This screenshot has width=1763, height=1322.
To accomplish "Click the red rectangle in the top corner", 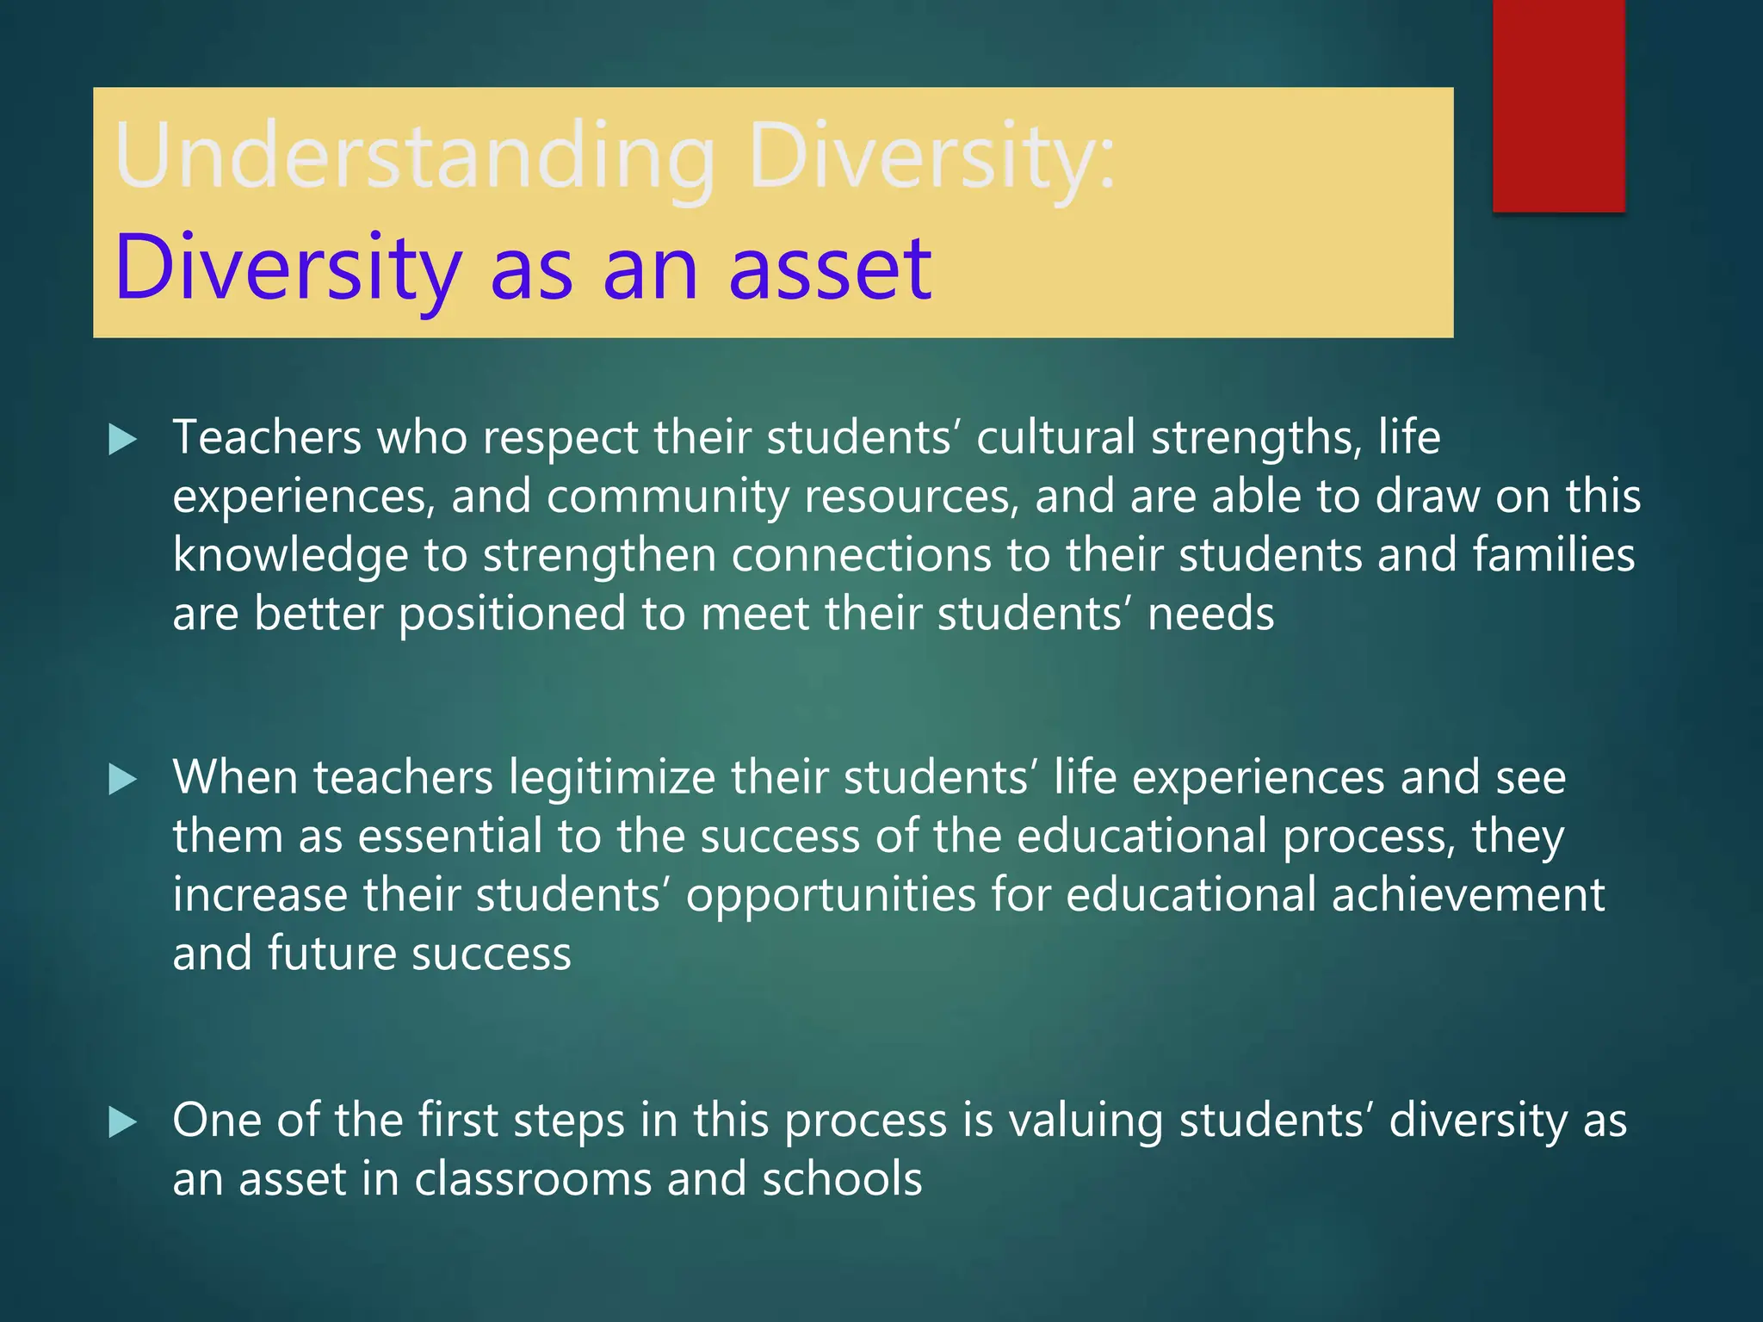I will (x=1558, y=105).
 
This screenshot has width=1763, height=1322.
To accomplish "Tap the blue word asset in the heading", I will (x=830, y=268).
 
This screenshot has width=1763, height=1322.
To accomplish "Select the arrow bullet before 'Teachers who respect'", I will (x=123, y=440).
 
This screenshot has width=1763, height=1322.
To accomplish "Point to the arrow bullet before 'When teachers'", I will (x=123, y=780).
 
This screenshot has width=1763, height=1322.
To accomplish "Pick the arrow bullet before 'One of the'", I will (x=123, y=1122).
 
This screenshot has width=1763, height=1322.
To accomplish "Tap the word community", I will (x=667, y=497).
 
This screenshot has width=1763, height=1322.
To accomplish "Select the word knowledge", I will (x=290, y=556).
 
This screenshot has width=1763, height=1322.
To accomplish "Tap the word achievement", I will (x=1468, y=894).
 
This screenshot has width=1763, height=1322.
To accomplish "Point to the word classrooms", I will (x=533, y=1179).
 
